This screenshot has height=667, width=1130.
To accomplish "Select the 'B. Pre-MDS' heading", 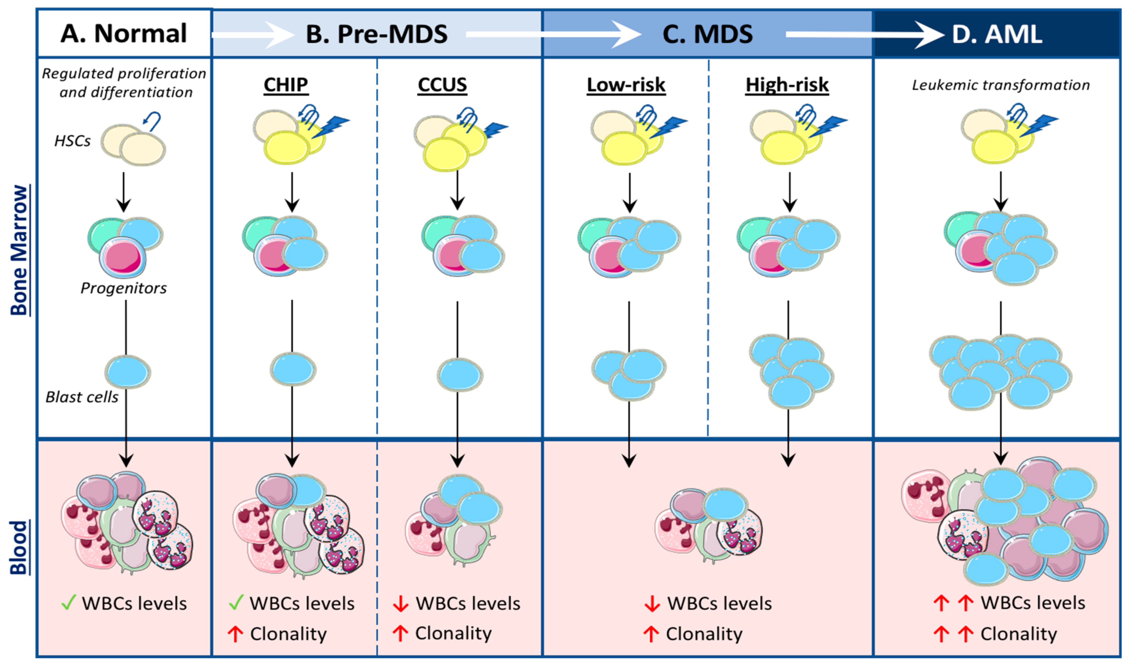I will coord(376,34).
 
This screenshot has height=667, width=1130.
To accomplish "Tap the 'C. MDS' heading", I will coord(707,34).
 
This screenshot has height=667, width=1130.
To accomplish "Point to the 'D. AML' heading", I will coord(997,34).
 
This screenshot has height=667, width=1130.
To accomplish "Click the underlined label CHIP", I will coord(286,85).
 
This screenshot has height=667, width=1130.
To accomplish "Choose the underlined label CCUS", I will coord(442,85).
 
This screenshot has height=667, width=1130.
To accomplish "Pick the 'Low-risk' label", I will coord(626,85).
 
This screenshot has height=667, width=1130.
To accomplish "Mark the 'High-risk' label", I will coord(787,85).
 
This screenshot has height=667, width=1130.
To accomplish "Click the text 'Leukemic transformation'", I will coord(1001,85).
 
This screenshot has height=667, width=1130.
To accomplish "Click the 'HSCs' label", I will coord(72,141).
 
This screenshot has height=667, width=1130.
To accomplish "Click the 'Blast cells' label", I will coord(82,397).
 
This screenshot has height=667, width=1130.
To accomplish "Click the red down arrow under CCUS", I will coord(400,604).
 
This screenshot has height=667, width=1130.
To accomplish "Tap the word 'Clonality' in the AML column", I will coord(1019,634).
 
